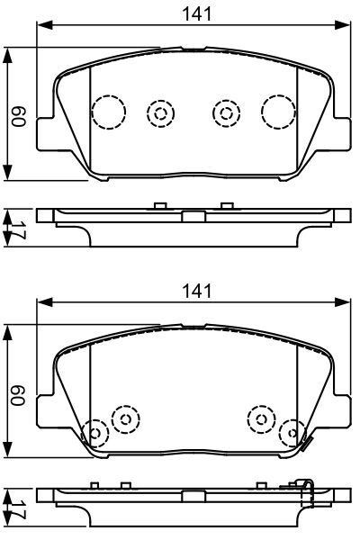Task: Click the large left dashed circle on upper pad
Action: [x=109, y=112]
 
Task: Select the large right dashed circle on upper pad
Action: [x=278, y=111]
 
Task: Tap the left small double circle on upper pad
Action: [x=160, y=112]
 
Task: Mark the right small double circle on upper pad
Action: [x=226, y=112]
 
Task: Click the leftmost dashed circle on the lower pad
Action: [x=94, y=434]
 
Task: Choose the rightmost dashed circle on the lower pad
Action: [x=291, y=434]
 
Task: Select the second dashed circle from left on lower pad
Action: [x=124, y=418]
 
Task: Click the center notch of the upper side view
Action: [x=192, y=216]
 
